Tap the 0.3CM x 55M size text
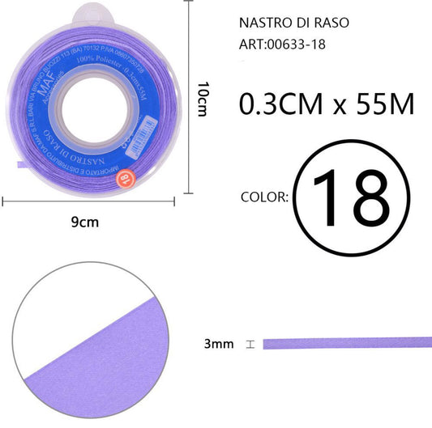click(x=327, y=104)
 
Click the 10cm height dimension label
click(x=202, y=97)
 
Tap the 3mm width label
click(x=219, y=344)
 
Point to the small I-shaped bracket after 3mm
click(x=250, y=344)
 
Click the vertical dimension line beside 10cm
click(x=189, y=97)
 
